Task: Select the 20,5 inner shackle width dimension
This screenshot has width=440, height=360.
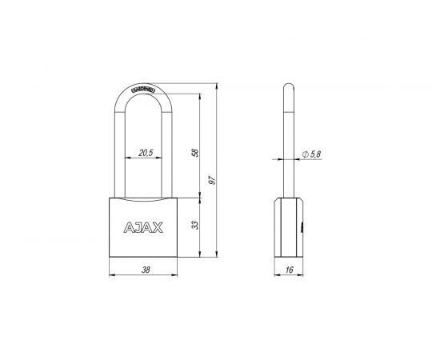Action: point(146,151)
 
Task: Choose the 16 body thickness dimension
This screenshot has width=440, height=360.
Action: point(290,270)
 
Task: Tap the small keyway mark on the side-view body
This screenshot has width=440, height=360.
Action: point(302,227)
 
